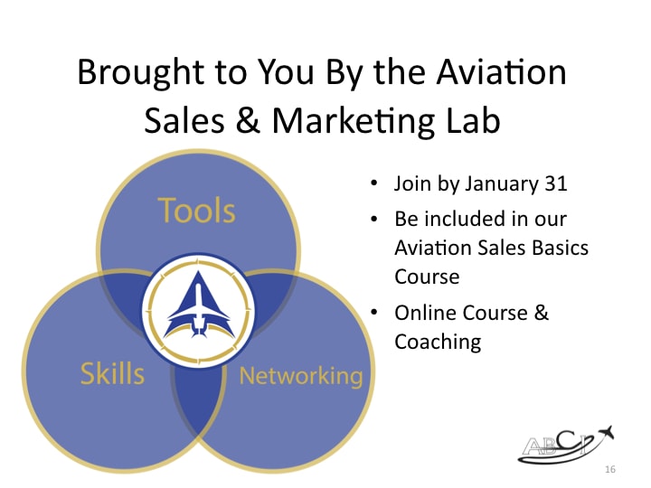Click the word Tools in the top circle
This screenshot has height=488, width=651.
click(197, 211)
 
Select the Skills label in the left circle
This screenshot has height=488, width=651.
click(112, 372)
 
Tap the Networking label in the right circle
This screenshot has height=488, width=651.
click(300, 376)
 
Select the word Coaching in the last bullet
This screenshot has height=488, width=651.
click(438, 342)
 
